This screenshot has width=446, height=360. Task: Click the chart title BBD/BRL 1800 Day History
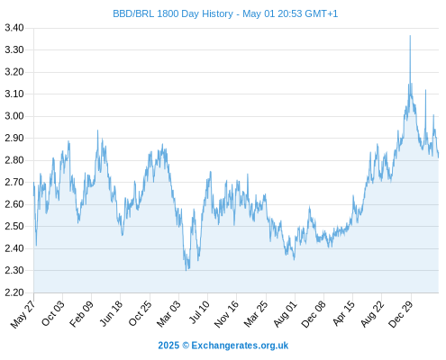173,13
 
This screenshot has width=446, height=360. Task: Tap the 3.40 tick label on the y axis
14,28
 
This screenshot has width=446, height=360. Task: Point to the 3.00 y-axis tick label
14,116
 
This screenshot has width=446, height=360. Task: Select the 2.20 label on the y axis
14,292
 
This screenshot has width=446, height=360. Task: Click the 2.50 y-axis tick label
14,226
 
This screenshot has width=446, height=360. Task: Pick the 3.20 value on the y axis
14,72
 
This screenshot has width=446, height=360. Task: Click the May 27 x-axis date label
23,314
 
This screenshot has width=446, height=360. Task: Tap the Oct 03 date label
52,313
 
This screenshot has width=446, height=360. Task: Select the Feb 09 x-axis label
81,313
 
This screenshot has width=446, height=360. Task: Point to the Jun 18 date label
111,313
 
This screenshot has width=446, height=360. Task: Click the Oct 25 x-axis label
140,313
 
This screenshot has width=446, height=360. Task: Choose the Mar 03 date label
168,313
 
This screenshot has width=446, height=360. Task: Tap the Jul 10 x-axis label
199,312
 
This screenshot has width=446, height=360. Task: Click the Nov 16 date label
226,314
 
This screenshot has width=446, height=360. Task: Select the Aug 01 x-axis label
285,313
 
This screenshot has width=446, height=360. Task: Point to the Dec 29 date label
400,314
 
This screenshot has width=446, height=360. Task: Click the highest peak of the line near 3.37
410,36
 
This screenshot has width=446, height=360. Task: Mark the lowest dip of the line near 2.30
187,270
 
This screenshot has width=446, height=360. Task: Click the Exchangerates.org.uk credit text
240,346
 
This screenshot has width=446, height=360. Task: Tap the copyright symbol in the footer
186,346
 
